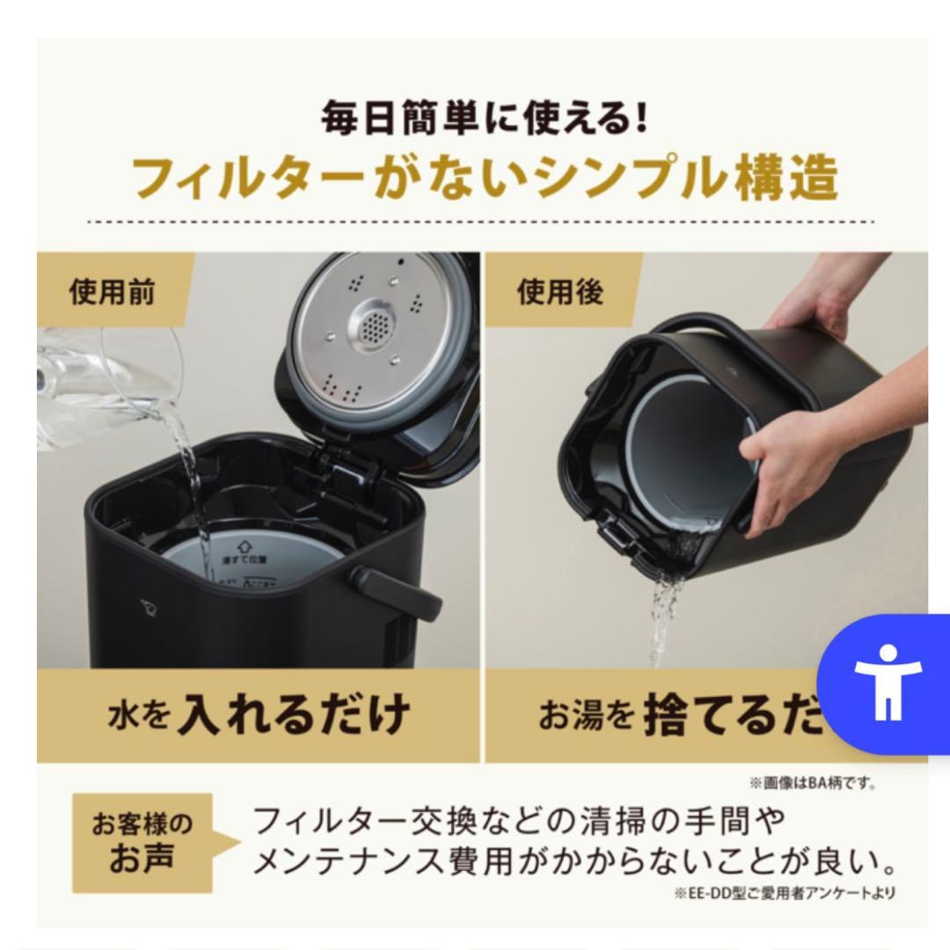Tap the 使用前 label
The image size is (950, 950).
(x=112, y=291)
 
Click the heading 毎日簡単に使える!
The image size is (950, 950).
(x=485, y=120)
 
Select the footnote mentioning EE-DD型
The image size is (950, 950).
(x=787, y=894)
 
